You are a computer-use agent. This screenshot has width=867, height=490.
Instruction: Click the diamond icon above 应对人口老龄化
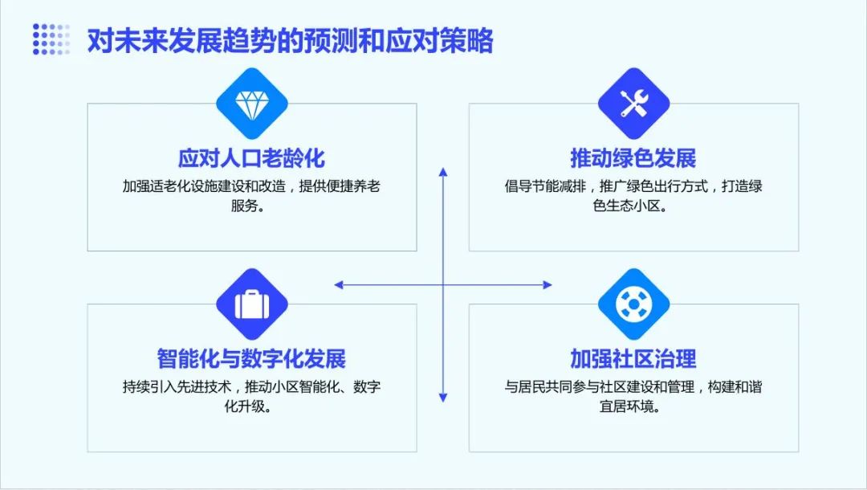pos(251,104)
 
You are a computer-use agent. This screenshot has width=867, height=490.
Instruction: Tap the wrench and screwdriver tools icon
pos(633,104)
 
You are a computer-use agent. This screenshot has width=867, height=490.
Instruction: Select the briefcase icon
pos(251,304)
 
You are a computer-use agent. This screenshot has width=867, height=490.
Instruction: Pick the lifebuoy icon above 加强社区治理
pos(633,304)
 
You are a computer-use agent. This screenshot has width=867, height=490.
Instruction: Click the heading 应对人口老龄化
pos(251,158)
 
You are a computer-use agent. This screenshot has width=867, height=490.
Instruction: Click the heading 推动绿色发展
pos(633,158)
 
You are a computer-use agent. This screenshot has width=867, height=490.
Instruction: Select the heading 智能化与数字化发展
pos(251,359)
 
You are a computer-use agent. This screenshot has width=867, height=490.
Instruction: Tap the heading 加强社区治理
pos(633,359)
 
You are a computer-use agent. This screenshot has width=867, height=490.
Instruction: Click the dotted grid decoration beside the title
pos(51,39)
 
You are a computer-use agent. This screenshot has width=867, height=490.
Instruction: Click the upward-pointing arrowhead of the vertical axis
pos(443,172)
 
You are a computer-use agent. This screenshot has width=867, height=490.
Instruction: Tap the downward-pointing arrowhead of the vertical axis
pos(443,397)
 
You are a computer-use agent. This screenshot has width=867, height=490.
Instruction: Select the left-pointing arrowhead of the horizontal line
pos(339,285)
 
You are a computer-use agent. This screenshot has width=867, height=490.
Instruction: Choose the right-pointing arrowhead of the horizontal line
pos(547,285)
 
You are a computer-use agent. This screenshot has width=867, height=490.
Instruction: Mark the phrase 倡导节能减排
pos(544,186)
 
